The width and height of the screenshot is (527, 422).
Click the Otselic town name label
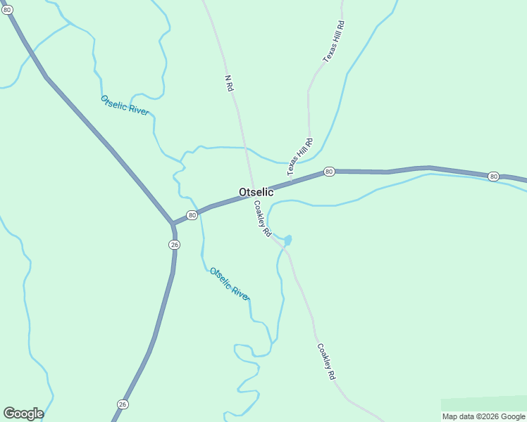256,192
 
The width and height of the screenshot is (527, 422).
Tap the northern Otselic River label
125,105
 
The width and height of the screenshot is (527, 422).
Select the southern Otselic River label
230,283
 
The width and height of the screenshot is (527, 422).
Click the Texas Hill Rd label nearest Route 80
299,157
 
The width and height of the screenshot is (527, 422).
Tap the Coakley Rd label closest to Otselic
262,219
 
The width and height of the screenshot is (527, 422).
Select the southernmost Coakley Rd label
326,362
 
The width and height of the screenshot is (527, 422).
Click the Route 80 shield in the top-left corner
7,10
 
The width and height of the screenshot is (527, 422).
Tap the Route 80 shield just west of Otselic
192,215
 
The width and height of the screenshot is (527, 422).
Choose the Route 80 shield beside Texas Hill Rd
328,172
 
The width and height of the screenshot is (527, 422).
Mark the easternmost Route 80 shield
493,176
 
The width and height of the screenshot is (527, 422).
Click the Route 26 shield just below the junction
175,244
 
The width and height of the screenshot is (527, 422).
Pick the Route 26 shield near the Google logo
123,404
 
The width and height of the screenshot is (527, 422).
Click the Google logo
23,414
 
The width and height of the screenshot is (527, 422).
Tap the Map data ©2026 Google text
484,416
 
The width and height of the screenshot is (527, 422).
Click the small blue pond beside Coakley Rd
287,241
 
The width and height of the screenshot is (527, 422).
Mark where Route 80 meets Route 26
173,224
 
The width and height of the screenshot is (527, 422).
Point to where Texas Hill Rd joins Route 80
292,181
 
